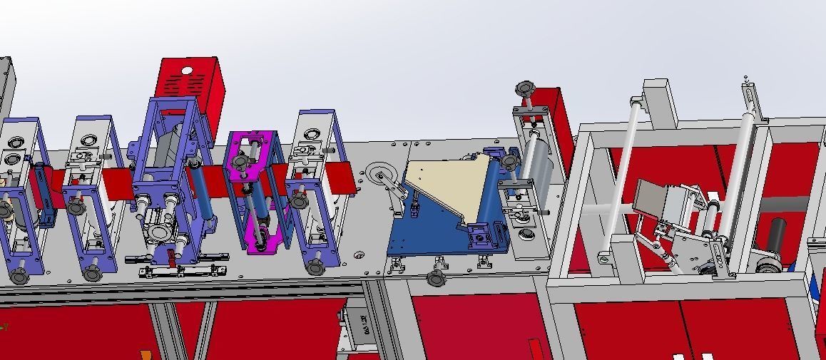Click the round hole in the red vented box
click(188, 71)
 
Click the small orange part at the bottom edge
click(146, 354)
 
